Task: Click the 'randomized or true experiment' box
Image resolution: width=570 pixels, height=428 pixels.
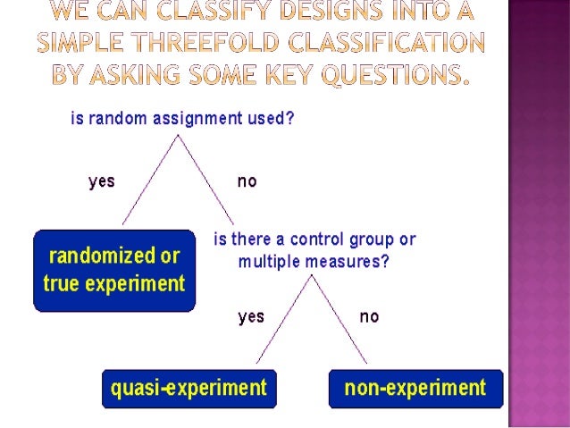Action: pos(114,271)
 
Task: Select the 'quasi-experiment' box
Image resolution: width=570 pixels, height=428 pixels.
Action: pos(188,388)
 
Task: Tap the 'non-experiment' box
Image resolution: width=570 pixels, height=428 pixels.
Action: pos(415,388)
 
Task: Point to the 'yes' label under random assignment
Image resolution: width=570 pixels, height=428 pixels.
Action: pos(102,181)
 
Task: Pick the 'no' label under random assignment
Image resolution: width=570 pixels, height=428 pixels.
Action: pos(247,181)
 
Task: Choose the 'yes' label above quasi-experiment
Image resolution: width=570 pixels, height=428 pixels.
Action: pos(251,316)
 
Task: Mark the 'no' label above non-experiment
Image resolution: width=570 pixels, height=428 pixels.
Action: pos(369,316)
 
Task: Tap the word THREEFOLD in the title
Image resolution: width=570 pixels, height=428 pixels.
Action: pos(236,42)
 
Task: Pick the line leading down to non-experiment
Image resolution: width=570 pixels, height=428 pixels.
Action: pos(339,320)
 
